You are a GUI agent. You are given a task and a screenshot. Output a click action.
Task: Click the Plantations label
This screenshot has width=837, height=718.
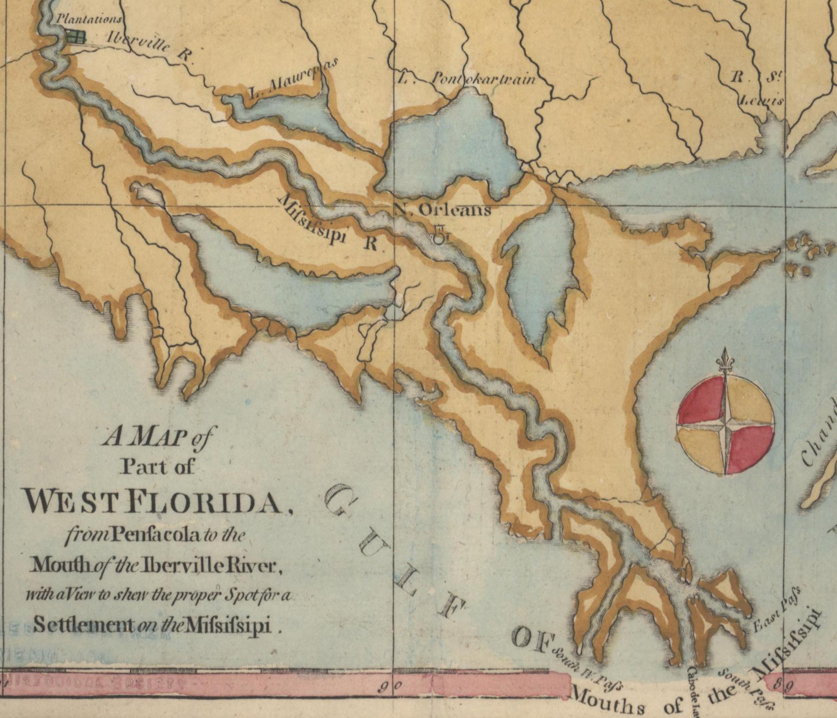(88, 19)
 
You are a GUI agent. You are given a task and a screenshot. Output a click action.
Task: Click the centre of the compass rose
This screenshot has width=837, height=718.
(725, 427)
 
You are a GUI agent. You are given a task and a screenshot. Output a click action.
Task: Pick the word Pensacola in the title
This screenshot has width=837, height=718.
(150, 535)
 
